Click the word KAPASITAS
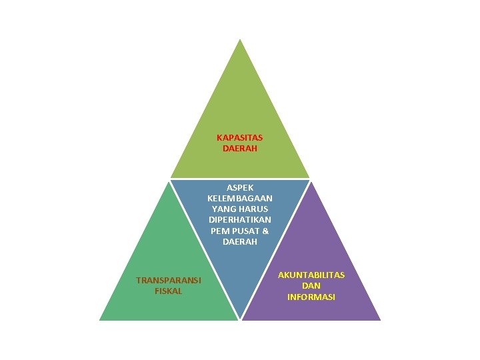coord(239,138)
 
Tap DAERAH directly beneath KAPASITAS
coord(239,149)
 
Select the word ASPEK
coord(239,188)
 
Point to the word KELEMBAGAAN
coord(239,199)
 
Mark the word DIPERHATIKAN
coord(239,220)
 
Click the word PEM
coord(219,231)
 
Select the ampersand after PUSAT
coord(265,231)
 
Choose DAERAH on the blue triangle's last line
coord(239,241)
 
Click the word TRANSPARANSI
coord(168,280)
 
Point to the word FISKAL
coord(168,291)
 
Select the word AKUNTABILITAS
coord(311,275)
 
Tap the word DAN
coord(311,286)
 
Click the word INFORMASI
coord(311,297)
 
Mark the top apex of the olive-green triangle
coord(240,39)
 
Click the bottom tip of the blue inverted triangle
coord(240,319)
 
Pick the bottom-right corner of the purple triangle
coord(380,320)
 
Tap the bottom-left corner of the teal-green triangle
coord(100,320)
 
